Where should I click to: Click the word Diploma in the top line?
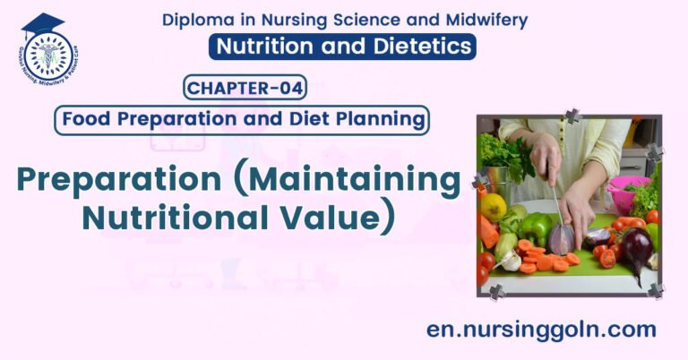(196, 20)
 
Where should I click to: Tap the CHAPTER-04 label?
(245, 88)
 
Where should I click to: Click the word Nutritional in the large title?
(178, 218)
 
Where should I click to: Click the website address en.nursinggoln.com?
(541, 330)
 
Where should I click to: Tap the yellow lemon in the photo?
(493, 208)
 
